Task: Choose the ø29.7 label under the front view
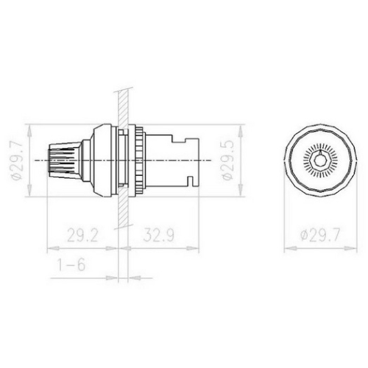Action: tap(322, 236)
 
